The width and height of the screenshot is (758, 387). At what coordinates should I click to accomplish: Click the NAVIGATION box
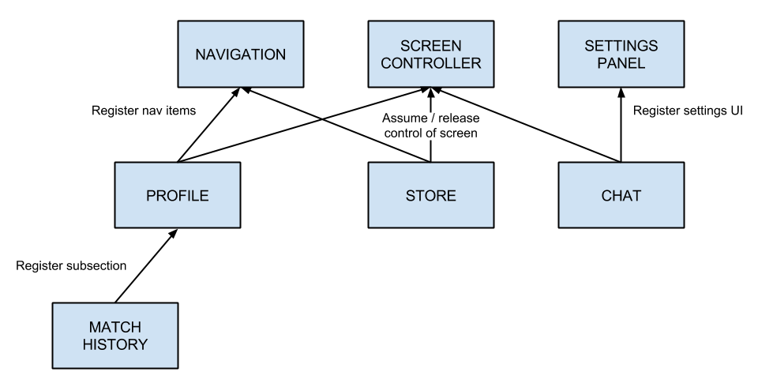[240, 54]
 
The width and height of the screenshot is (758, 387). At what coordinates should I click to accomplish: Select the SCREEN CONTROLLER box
[430, 54]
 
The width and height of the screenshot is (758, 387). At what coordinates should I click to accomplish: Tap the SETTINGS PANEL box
[621, 54]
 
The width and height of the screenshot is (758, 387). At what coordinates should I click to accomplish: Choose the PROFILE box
[177, 195]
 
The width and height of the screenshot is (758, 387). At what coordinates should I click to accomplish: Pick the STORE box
[430, 195]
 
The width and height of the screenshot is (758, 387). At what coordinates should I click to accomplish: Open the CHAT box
[621, 195]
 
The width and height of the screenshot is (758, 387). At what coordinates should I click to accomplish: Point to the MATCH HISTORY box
[114, 336]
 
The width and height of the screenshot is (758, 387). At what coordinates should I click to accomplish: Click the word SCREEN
[430, 46]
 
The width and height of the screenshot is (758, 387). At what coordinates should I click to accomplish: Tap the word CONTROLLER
[430, 63]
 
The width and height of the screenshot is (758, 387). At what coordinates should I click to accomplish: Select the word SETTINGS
[621, 46]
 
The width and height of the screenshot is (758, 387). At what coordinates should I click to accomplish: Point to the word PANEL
[621, 63]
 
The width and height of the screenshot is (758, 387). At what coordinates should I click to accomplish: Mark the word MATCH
[114, 328]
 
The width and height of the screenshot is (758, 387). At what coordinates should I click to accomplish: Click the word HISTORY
[114, 344]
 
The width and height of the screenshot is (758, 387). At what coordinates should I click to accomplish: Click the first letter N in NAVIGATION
[201, 54]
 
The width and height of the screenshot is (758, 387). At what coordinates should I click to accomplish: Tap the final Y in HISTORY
[142, 344]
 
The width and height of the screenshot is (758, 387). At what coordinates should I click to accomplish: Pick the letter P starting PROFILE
[151, 196]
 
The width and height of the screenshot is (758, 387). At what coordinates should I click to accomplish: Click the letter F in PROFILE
[183, 196]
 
